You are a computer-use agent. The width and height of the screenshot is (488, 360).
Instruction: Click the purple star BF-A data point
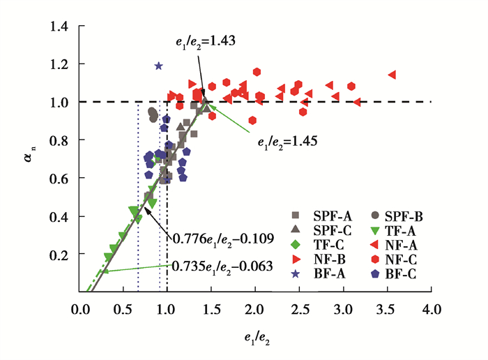(159, 66)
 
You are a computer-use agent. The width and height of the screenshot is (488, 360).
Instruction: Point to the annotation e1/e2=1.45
(287, 142)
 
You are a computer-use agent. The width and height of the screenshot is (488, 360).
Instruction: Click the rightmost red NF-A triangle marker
(392, 75)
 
